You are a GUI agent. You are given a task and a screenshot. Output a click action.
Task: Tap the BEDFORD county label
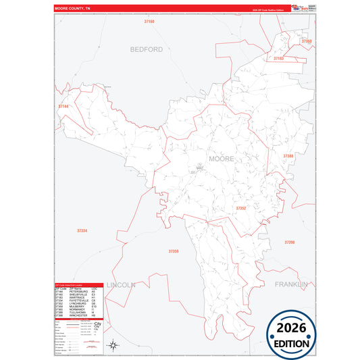point(147,49)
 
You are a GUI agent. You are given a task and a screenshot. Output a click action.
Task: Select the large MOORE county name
point(222,159)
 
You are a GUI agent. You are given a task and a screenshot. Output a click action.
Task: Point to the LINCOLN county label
point(121,284)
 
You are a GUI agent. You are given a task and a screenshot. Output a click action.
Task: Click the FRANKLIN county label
point(291,284)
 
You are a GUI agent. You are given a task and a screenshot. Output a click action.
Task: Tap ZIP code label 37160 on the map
point(149,22)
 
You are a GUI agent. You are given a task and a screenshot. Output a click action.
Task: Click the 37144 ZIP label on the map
point(63,106)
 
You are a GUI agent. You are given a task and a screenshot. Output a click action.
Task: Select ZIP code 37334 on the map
point(82,231)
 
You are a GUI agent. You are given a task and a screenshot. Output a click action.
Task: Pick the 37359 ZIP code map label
point(174,251)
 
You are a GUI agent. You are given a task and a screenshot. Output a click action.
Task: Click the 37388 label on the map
point(288,156)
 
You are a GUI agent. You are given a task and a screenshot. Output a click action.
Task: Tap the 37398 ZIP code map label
point(290,242)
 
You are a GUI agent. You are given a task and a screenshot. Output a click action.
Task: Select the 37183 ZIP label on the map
point(278,59)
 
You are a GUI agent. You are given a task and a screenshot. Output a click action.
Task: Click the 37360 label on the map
point(307,41)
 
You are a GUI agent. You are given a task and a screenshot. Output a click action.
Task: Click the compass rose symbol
point(115,346)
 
